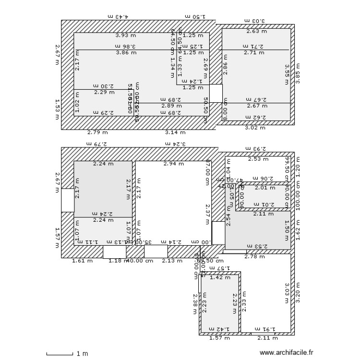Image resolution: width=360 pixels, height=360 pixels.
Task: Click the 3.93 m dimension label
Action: coord(125,35)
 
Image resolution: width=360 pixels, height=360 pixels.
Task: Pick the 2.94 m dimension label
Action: coord(173,164)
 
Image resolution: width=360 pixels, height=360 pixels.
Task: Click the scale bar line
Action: coord(60,354)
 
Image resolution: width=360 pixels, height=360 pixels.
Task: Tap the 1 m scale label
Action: coord(82,354)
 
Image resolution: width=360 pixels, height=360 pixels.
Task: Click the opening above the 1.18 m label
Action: coord(115,252)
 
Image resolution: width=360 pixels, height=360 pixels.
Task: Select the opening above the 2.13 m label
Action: coord(156,252)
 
